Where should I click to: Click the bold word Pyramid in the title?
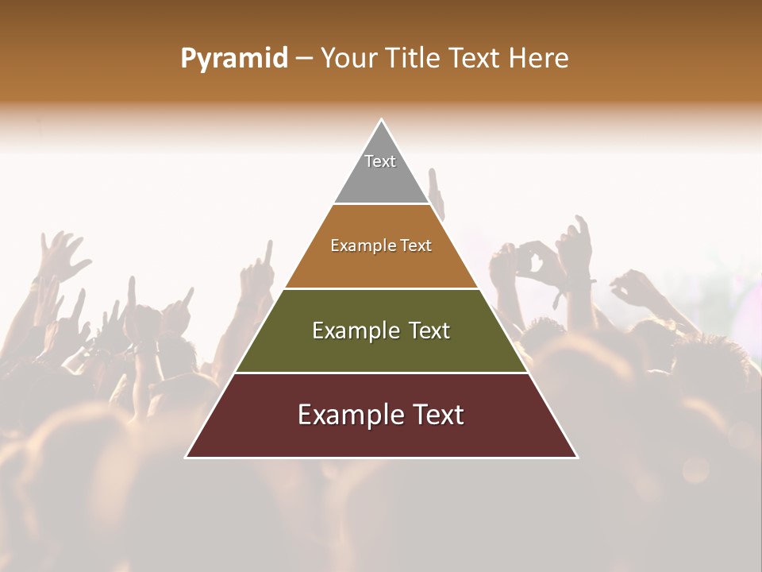[234, 59]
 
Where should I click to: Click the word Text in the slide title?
[475, 59]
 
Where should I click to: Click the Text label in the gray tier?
[380, 161]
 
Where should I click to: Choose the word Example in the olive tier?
[355, 330]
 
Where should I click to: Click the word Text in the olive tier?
[429, 330]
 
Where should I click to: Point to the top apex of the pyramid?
[382, 120]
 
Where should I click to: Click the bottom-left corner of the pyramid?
[187, 457]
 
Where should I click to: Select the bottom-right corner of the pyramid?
[577, 457]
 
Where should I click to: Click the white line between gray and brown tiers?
[382, 203]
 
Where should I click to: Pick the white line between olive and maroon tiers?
[382, 373]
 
